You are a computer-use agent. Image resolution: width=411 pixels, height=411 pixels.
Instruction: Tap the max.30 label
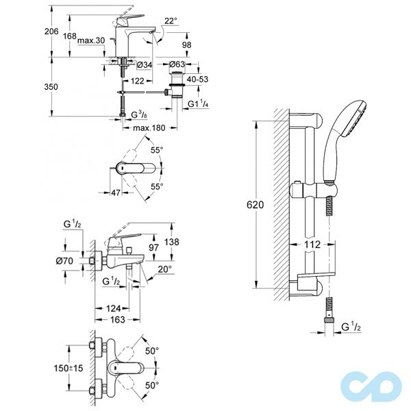pos(90,40)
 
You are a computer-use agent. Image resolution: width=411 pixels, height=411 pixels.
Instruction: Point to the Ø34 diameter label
pos(145,64)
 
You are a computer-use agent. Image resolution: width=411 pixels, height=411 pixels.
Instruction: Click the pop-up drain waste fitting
pos(179,84)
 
